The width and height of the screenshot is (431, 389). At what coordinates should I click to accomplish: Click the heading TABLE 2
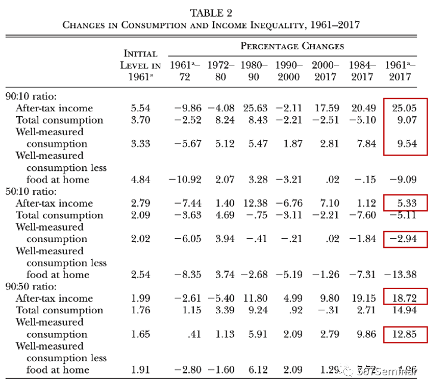pos(211,13)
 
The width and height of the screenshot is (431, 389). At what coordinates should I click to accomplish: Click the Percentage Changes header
pos(292,46)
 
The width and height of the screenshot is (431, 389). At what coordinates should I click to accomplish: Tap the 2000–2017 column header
pos(325,70)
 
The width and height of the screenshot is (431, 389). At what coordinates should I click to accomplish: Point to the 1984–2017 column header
pos(362,70)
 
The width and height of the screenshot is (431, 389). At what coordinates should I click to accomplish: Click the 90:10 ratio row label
pos(30,96)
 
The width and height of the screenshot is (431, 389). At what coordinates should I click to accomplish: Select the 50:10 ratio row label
pos(30,191)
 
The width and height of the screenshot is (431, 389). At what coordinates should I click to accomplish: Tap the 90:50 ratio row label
pos(30,287)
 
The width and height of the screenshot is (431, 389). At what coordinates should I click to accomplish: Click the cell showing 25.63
pos(255,108)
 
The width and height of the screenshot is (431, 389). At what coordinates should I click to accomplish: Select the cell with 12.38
pos(255,203)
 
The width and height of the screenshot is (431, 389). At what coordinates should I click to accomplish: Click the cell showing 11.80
pos(255,298)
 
